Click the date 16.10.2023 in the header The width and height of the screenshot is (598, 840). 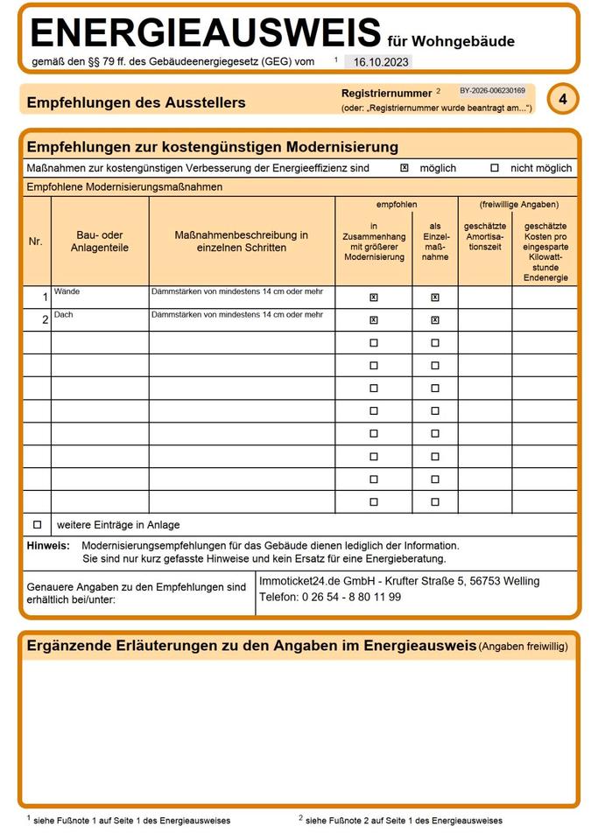[x=376, y=62]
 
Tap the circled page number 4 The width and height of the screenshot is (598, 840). [x=563, y=100]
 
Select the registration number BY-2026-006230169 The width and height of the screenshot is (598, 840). [x=492, y=90]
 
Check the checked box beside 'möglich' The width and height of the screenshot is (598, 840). [x=405, y=168]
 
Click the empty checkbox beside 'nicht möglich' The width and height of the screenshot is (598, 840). [x=495, y=168]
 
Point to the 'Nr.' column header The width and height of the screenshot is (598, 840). [x=36, y=241]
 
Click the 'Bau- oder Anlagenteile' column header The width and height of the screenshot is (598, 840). [x=100, y=241]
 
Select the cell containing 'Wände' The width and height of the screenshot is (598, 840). [x=100, y=297]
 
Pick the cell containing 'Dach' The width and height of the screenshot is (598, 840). [x=100, y=319]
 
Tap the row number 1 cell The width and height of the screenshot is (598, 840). [x=37, y=297]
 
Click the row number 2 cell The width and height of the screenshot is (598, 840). [x=37, y=320]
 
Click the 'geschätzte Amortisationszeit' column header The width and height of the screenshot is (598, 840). [x=485, y=237]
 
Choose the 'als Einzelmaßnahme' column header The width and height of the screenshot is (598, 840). [x=435, y=241]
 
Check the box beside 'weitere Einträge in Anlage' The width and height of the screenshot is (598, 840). [x=37, y=525]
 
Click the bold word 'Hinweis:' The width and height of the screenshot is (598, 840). [x=48, y=545]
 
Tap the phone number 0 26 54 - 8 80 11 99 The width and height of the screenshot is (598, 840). [x=352, y=597]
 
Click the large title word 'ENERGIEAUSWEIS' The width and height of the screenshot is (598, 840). [x=206, y=33]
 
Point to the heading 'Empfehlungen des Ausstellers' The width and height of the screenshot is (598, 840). [x=136, y=102]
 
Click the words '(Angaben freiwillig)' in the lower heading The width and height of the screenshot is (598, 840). [x=524, y=647]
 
